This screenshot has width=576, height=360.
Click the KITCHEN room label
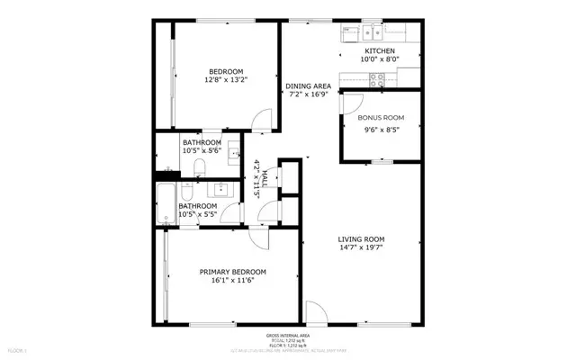tap(379, 51)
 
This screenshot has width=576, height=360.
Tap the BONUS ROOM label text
tap(381, 118)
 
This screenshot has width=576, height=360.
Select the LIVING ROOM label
tap(361, 239)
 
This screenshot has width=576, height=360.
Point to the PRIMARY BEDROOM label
tap(232, 272)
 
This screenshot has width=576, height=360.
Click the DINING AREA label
tap(309, 86)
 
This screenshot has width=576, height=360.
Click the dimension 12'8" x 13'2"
tap(227, 80)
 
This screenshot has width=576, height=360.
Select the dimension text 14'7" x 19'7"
tap(361, 249)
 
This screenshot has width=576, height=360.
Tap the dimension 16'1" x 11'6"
tap(232, 282)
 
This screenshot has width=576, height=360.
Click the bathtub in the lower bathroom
tap(165, 205)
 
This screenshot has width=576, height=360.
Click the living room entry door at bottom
tap(316, 312)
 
